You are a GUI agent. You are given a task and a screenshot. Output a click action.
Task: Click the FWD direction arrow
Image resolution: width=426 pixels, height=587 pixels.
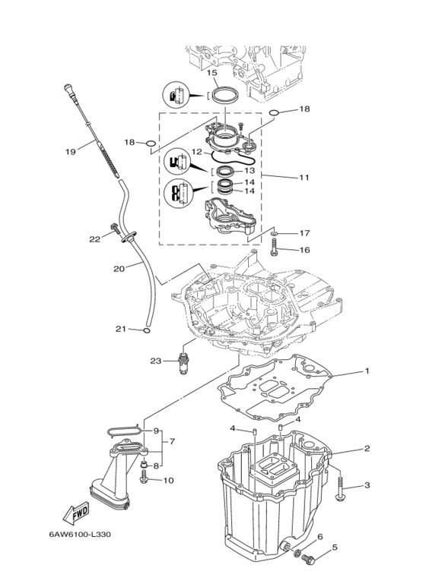[76, 513]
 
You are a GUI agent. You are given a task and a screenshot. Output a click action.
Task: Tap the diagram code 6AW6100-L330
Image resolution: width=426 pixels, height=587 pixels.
[80, 534]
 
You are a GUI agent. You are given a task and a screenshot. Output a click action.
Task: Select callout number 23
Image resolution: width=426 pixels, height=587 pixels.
[156, 361]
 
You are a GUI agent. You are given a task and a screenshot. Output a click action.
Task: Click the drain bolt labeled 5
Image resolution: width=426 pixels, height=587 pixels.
[308, 560]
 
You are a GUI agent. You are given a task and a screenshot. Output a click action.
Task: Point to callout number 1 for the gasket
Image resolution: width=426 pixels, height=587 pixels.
[367, 371]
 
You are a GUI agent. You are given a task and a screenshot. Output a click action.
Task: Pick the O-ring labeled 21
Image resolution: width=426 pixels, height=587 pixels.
[147, 330]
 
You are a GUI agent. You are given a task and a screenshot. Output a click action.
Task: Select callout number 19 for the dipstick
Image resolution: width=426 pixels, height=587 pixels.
[71, 151]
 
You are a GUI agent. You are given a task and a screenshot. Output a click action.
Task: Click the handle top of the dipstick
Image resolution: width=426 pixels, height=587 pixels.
[68, 90]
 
